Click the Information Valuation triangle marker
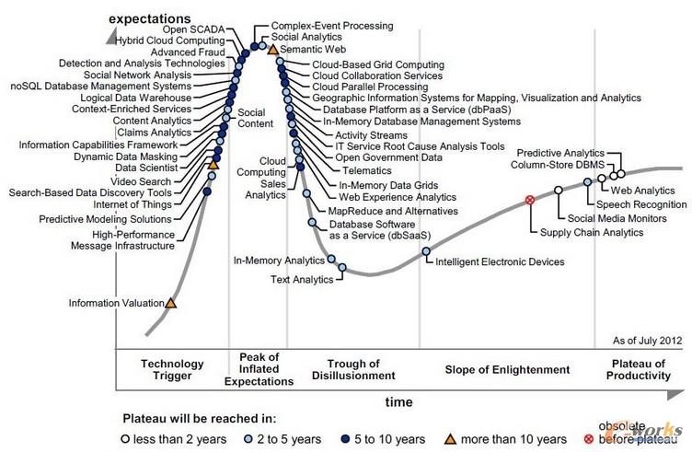[170, 302]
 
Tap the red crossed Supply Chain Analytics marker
[529, 200]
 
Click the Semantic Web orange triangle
[272, 48]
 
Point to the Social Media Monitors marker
[558, 191]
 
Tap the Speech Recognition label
[641, 203]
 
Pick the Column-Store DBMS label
[550, 165]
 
